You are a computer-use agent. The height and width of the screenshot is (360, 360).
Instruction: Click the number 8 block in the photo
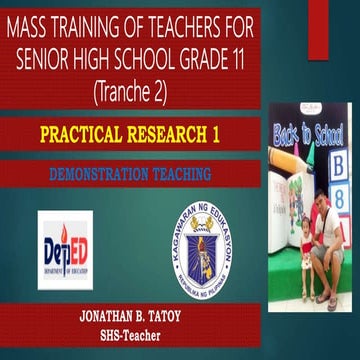click(339, 196)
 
